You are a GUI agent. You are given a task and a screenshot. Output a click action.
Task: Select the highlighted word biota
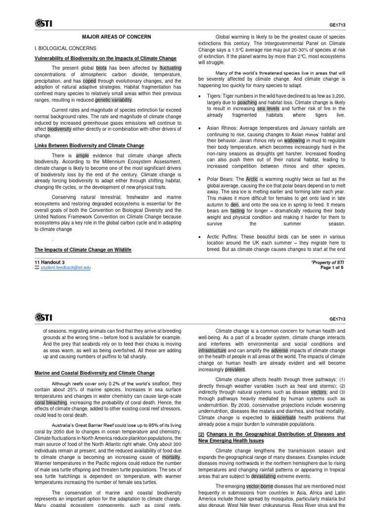(x=101, y=68)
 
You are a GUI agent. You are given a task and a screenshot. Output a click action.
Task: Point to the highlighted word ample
(x=82, y=155)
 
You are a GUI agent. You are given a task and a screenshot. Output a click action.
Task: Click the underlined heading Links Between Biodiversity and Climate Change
(x=89, y=146)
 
